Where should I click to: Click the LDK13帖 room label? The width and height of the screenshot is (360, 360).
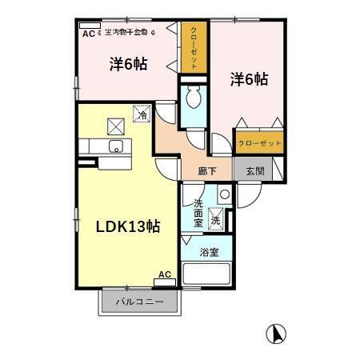click(x=129, y=226)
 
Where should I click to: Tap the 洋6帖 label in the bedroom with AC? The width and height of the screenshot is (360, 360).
click(x=127, y=65)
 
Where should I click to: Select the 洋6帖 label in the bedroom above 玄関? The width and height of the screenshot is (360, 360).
click(x=249, y=79)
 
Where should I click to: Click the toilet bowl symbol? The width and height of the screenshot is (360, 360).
click(x=193, y=100)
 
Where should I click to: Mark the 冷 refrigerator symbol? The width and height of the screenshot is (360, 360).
click(x=141, y=114)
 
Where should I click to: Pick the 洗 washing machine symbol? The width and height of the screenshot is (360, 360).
click(x=216, y=216)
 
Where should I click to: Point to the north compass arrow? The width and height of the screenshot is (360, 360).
click(x=274, y=331)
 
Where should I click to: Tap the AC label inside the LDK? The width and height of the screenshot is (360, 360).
click(x=164, y=274)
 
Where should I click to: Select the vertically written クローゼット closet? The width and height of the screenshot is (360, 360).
click(x=192, y=48)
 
